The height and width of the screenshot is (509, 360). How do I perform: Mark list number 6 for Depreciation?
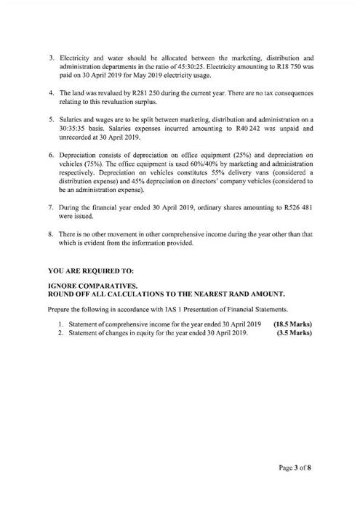[51, 155]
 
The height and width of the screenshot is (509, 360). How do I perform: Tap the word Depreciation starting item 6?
[79, 155]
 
